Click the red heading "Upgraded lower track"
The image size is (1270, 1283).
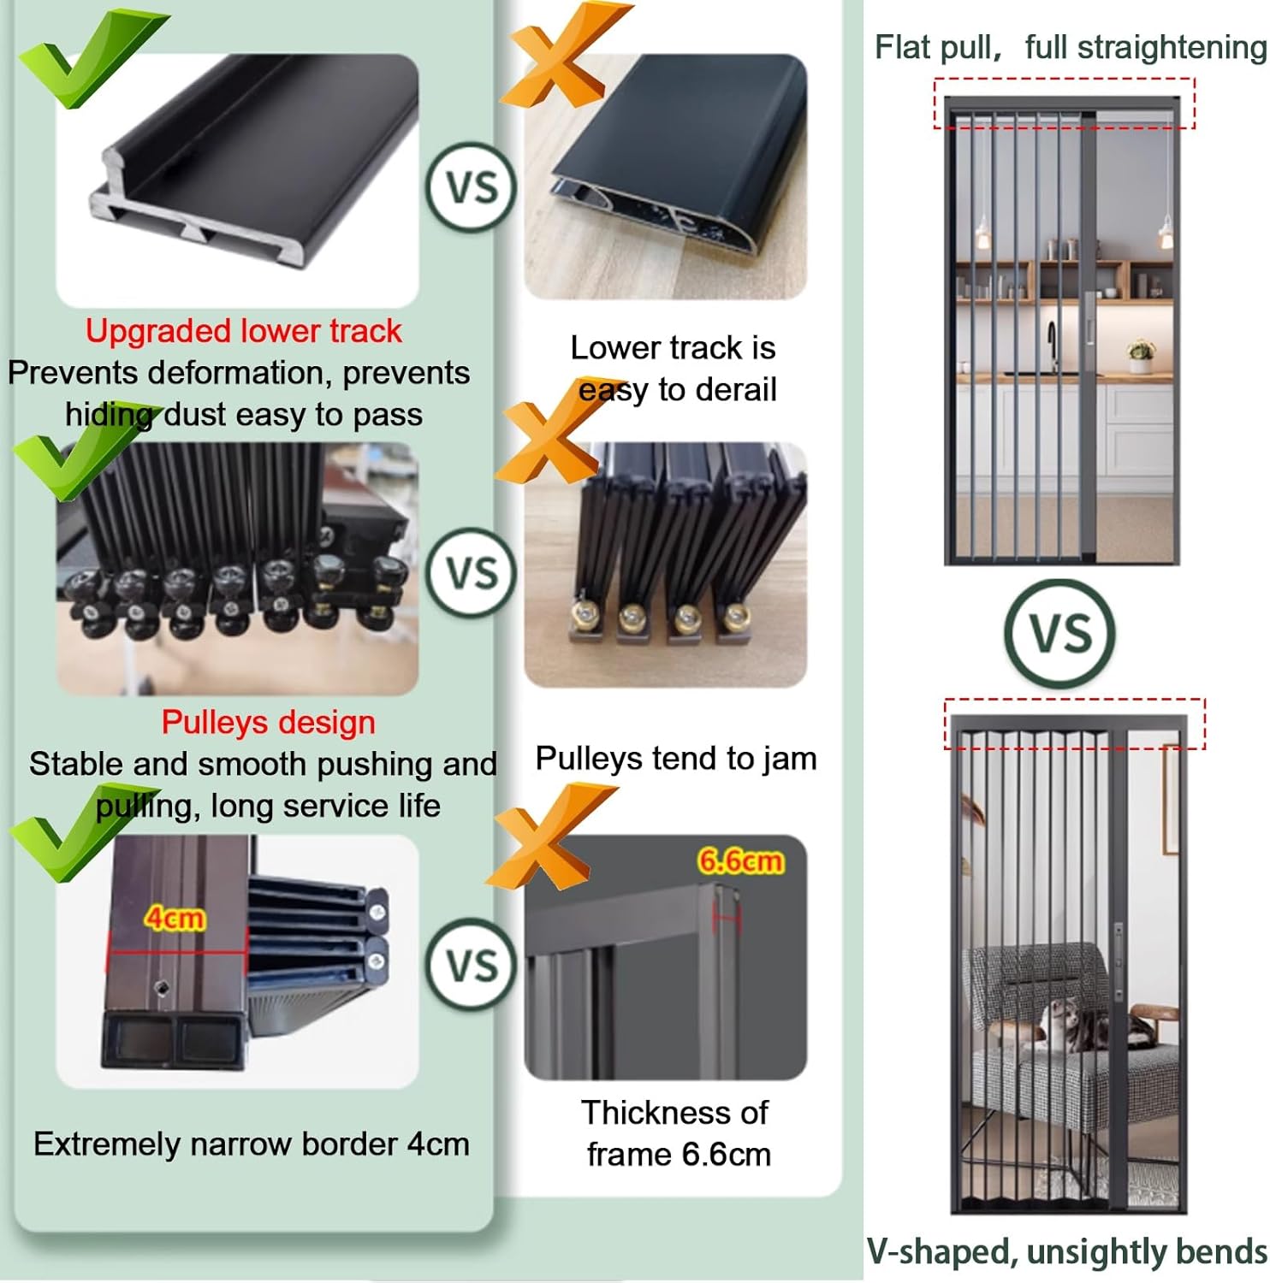pos(243,331)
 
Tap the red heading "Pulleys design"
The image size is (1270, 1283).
pos(268,722)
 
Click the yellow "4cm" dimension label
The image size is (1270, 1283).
pos(175,918)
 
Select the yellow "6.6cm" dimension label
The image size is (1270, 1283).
pos(739,860)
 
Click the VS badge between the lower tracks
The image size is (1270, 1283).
pos(472,187)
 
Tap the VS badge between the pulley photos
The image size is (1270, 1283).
pos(472,572)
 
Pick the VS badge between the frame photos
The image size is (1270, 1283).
pos(472,965)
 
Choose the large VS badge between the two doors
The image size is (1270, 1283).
pos(1060,634)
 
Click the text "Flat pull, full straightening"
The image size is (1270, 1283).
pos(1070,47)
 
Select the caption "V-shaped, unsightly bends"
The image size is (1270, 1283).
pos(1066,1250)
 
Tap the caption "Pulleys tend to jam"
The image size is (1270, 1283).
pos(675,758)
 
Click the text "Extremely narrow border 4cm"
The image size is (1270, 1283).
pos(251,1144)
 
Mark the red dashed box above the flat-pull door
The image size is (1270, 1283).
pos(1063,103)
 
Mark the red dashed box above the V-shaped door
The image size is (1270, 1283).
pos(1074,724)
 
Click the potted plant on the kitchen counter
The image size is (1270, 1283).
pos(1140,356)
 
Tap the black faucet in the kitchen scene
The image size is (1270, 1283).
pos(1052,343)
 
